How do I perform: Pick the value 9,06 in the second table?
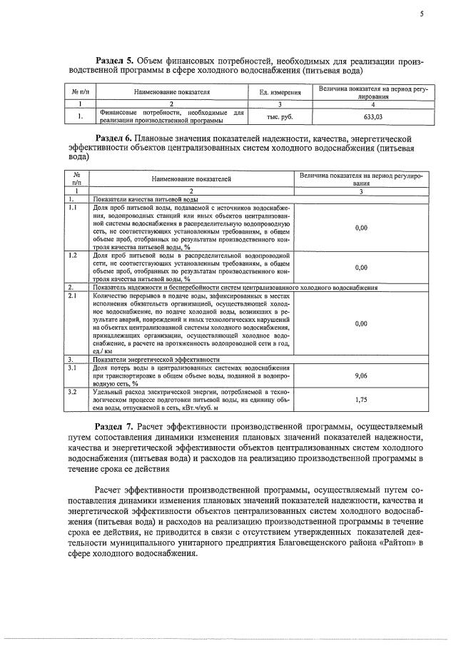point(360,375)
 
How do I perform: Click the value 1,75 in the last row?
point(360,401)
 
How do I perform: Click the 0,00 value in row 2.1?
point(360,323)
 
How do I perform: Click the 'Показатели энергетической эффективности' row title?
point(155,360)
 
